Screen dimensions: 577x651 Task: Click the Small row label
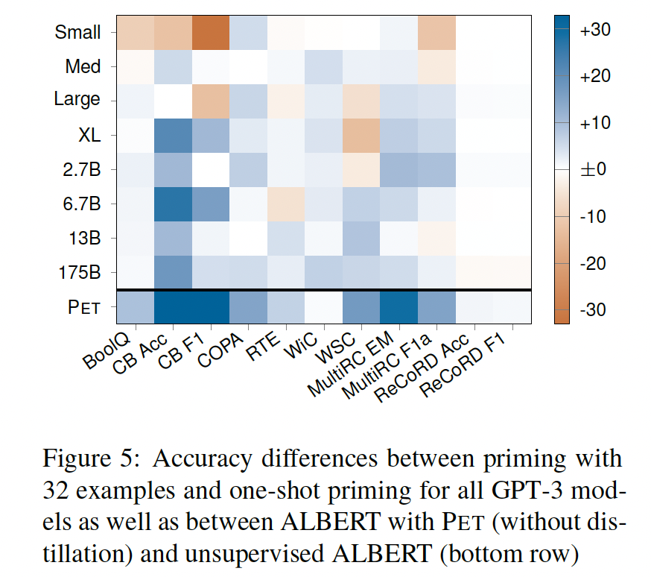tap(77, 33)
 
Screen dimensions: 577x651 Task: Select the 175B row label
tap(78, 272)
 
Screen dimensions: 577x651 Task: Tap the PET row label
tap(84, 306)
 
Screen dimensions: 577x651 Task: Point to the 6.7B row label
tap(80, 204)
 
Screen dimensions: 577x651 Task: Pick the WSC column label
tap(334, 345)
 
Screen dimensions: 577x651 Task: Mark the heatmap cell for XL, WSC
tap(361, 135)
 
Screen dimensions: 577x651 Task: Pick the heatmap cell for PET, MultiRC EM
tap(398, 306)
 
